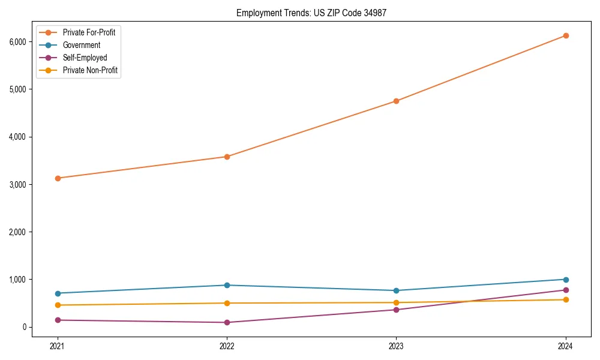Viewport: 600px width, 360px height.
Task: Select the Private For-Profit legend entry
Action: pos(89,32)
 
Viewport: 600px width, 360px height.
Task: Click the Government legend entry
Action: pos(82,45)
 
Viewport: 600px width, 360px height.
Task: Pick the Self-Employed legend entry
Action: pos(85,58)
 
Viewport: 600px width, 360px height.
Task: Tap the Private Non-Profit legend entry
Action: pos(90,70)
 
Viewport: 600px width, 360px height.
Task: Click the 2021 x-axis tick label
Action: pos(58,346)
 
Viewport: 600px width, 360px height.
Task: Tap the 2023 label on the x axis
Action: pos(396,346)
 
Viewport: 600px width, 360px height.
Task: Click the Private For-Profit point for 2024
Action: pos(566,35)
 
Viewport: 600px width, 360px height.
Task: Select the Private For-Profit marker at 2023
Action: pos(396,101)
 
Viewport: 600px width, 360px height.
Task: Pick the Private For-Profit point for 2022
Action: pos(227,157)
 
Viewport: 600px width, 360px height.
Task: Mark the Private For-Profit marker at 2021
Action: pos(58,178)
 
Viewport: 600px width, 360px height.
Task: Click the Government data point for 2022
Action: pos(227,285)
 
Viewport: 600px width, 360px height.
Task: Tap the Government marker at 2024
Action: pos(566,280)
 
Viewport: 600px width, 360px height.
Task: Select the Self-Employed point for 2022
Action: pos(227,322)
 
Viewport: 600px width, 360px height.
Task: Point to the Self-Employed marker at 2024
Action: pos(566,290)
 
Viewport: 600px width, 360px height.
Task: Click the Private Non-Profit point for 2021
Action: pos(58,305)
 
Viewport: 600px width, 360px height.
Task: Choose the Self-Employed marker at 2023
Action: pos(396,310)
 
